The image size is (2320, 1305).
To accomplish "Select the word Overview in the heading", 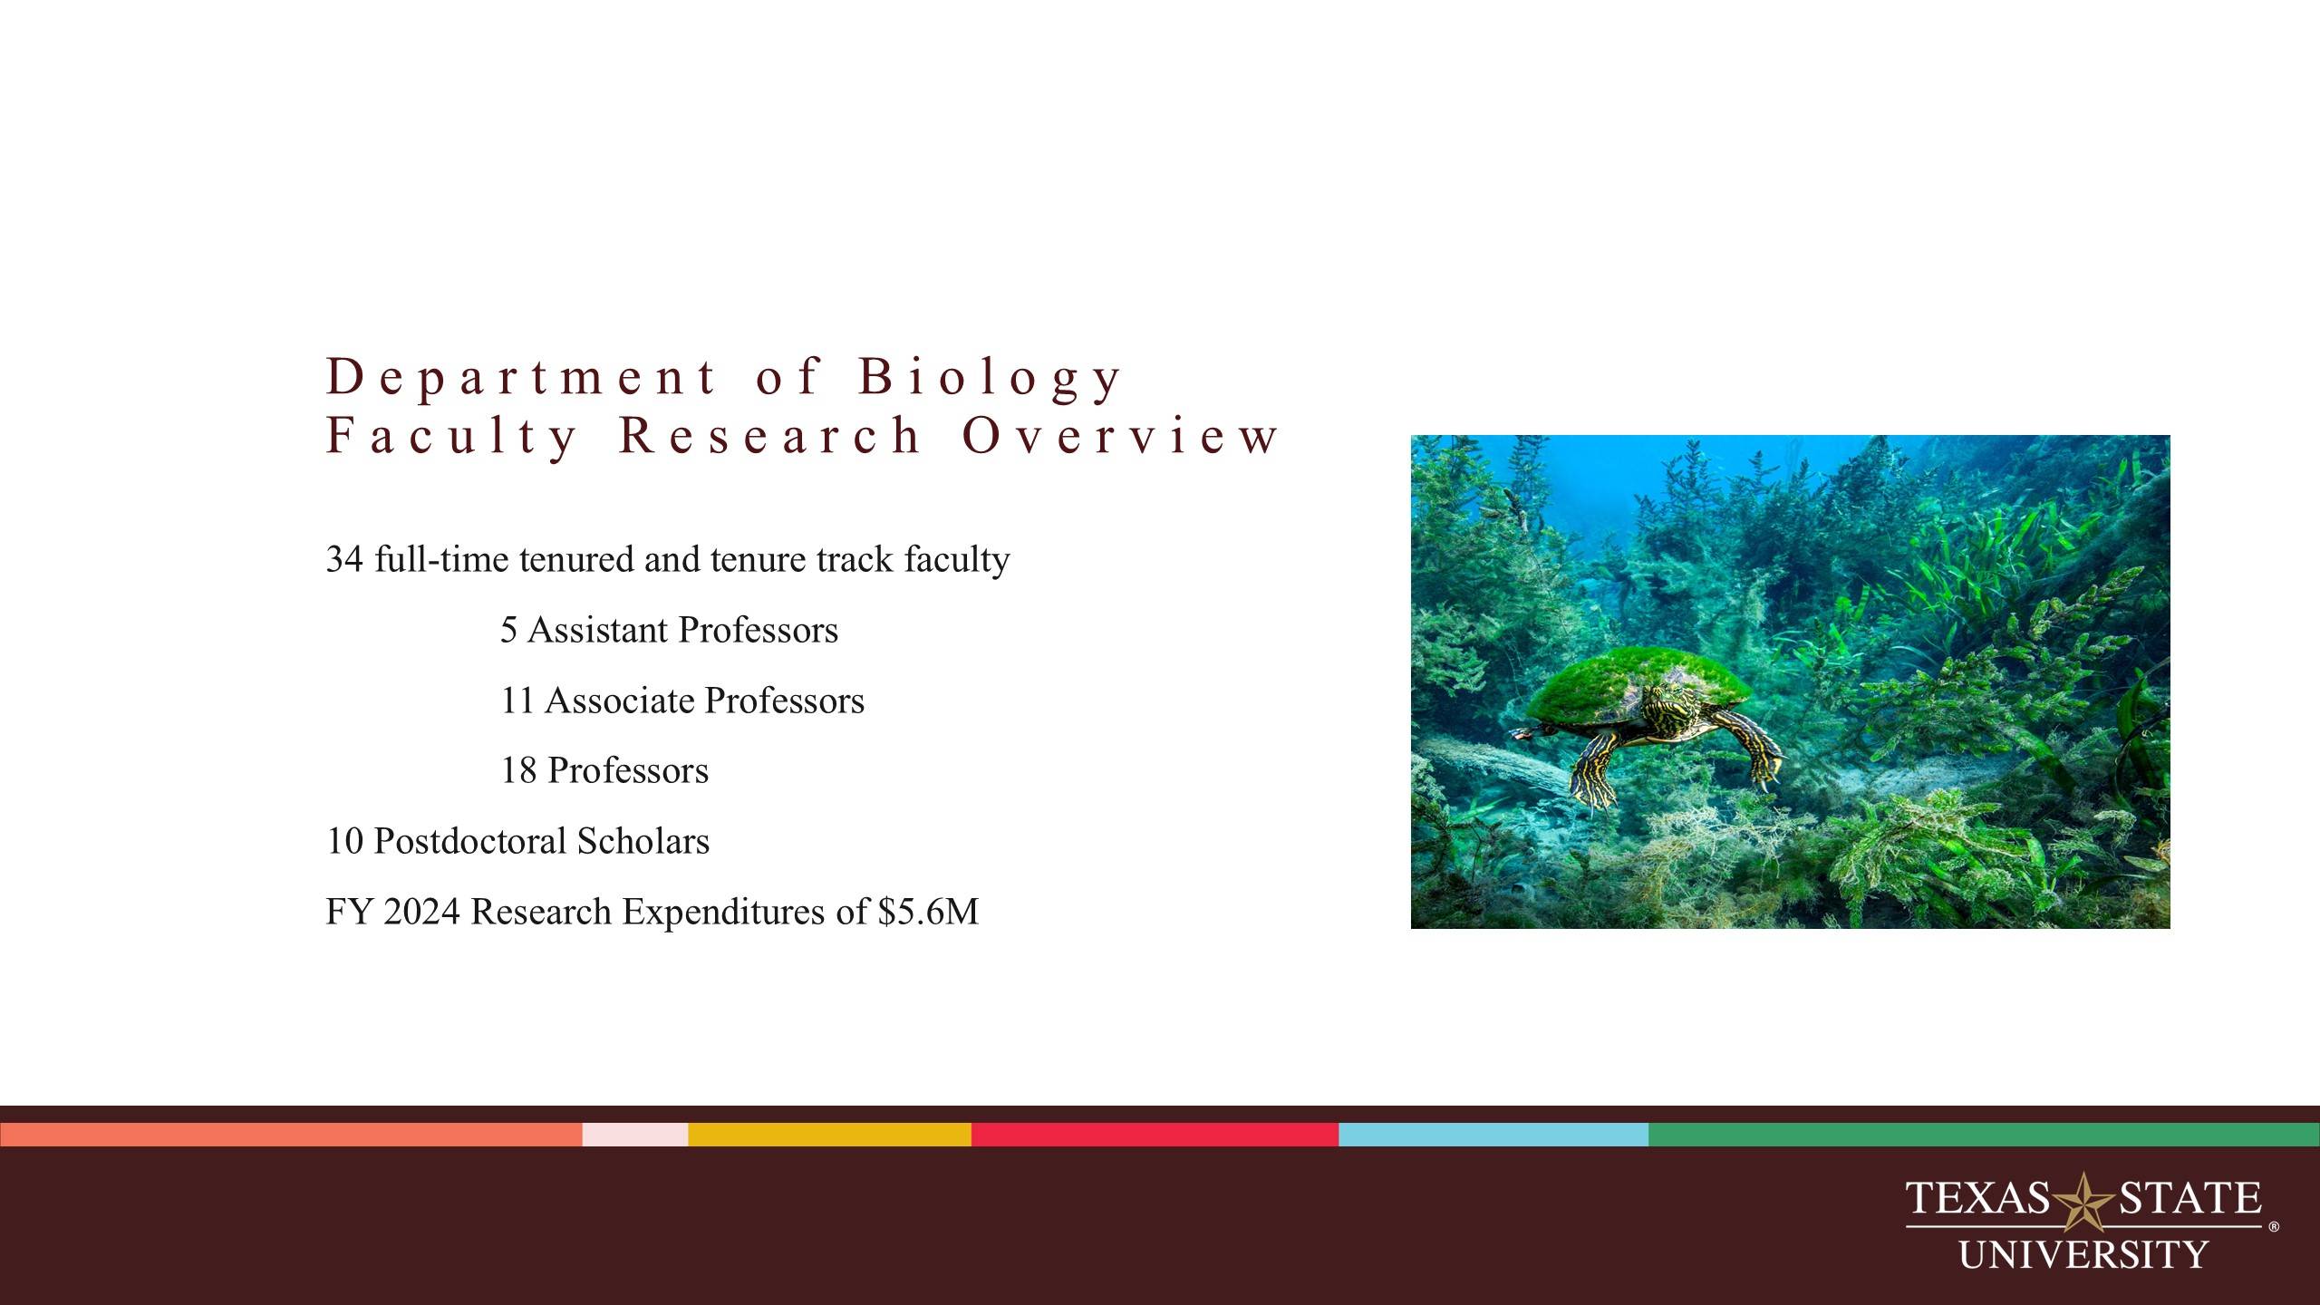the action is pyautogui.click(x=1120, y=435).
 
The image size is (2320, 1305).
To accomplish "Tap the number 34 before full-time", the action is pyautogui.click(x=344, y=559).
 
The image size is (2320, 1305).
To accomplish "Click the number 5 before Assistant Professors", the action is pyautogui.click(x=509, y=630).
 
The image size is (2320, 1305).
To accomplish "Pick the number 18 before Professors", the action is pyautogui.click(x=518, y=770).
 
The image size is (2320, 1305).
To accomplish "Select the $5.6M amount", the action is pyautogui.click(x=928, y=912).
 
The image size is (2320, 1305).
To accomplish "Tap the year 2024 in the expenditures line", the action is pyautogui.click(x=421, y=912).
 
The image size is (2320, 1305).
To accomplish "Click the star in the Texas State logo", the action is pyautogui.click(x=2083, y=1201).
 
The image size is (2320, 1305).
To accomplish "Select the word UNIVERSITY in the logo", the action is pyautogui.click(x=2083, y=1255).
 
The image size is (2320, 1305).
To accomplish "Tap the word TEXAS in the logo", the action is pyautogui.click(x=1977, y=1197).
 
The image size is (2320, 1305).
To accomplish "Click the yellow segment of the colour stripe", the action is pyautogui.click(x=829, y=1135).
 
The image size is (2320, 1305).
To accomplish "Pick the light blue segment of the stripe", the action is pyautogui.click(x=1493, y=1135).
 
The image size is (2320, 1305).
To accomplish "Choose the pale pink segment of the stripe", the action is pyautogui.click(x=635, y=1135).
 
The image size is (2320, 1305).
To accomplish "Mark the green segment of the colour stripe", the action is pyautogui.click(x=1984, y=1135).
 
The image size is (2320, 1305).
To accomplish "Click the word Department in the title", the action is pyautogui.click(x=521, y=377).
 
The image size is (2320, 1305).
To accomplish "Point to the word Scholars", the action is pyautogui.click(x=643, y=841).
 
